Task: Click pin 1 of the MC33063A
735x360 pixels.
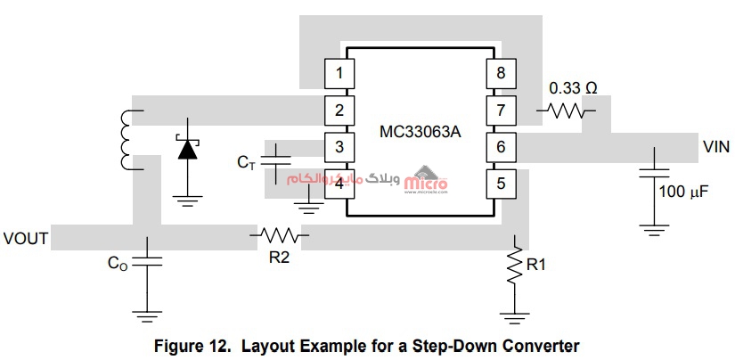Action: click(336, 71)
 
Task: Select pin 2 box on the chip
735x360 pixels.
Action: click(336, 110)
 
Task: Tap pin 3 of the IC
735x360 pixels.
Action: click(336, 146)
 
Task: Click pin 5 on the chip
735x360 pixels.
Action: click(500, 184)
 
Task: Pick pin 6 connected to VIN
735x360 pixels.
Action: click(500, 146)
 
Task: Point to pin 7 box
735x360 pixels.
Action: click(500, 110)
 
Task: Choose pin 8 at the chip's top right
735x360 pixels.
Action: click(500, 72)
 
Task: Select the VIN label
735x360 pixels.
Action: click(717, 145)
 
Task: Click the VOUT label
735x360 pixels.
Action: click(25, 239)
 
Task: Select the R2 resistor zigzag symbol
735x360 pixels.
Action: click(281, 236)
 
